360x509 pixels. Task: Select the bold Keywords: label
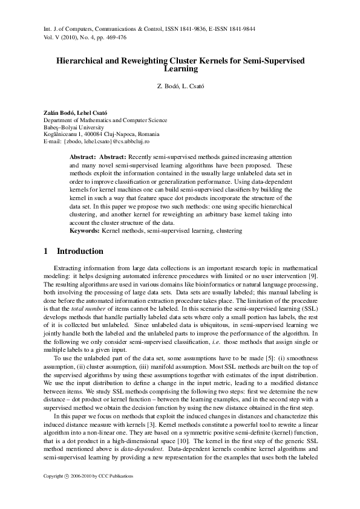tap(83, 231)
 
